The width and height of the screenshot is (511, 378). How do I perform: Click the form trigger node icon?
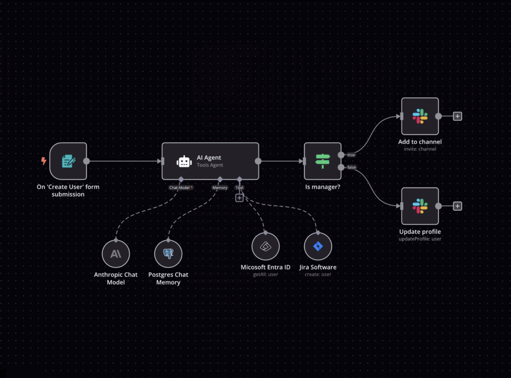tap(68, 161)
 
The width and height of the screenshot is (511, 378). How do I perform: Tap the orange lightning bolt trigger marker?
tap(44, 161)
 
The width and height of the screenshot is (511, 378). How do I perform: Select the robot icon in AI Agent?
tap(184, 161)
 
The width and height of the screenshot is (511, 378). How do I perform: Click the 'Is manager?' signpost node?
tap(322, 161)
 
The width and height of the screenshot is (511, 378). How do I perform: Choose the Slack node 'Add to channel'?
tap(420, 116)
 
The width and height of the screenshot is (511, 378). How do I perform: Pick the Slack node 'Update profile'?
tap(420, 206)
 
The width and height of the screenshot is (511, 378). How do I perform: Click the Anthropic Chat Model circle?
tap(116, 254)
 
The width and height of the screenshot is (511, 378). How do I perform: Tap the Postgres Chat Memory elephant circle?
tap(168, 254)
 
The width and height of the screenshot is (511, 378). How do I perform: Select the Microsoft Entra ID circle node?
tap(265, 247)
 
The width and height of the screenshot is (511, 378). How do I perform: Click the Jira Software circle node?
tap(318, 247)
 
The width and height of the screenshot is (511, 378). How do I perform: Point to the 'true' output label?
tap(351, 155)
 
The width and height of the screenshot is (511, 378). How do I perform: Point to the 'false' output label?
tap(352, 167)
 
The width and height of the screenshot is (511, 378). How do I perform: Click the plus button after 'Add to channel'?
tap(458, 116)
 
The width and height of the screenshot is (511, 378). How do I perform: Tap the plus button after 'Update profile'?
tap(458, 206)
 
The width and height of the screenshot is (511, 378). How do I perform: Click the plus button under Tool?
tap(240, 198)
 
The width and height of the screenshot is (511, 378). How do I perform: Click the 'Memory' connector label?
tap(220, 188)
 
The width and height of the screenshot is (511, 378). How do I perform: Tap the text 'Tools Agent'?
tap(210, 165)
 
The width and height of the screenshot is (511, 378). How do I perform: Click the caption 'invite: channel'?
tap(420, 149)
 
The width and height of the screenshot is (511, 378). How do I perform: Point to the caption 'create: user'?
tap(318, 274)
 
